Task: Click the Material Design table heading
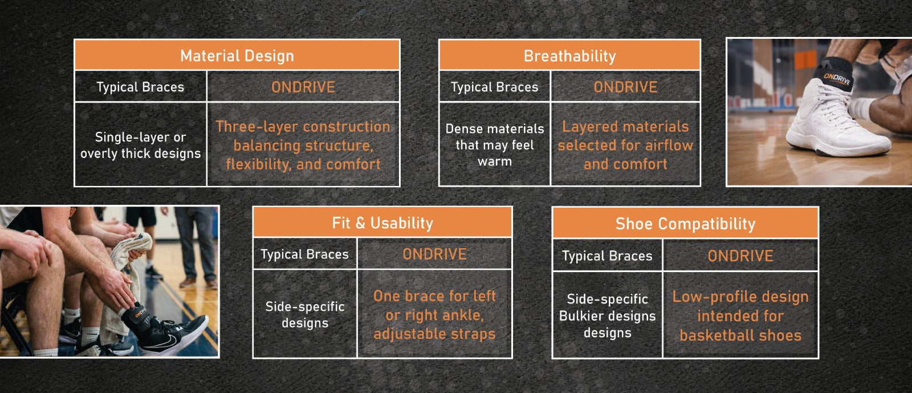pyautogui.click(x=237, y=55)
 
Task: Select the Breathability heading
pyautogui.click(x=569, y=55)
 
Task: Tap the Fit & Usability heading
pyautogui.click(x=382, y=223)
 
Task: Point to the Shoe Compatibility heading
pyautogui.click(x=685, y=224)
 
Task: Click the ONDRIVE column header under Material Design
pyautogui.click(x=303, y=87)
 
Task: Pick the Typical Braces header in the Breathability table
pyautogui.click(x=495, y=87)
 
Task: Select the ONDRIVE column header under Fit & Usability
pyautogui.click(x=434, y=254)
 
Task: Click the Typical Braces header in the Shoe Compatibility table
pyautogui.click(x=607, y=256)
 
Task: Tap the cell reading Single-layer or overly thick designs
pyautogui.click(x=140, y=145)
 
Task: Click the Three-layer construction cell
pyautogui.click(x=303, y=145)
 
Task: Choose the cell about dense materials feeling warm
pyautogui.click(x=495, y=145)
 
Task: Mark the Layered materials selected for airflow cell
pyautogui.click(x=625, y=145)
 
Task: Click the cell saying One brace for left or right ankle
pyautogui.click(x=434, y=314)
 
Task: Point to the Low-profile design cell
pyautogui.click(x=740, y=315)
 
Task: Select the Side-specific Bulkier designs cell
pyautogui.click(x=607, y=315)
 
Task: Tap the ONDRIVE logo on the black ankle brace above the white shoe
pyautogui.click(x=837, y=79)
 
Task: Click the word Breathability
pyautogui.click(x=569, y=56)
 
